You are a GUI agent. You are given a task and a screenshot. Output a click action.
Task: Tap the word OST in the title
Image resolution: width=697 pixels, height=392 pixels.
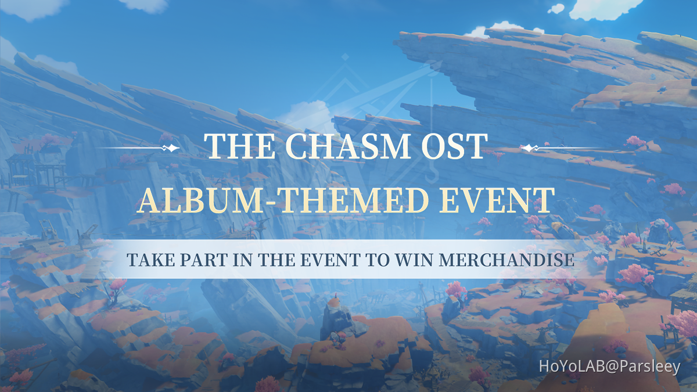coord(455,147)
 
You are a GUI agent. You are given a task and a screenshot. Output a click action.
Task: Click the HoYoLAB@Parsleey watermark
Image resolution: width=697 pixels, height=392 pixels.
coord(609,367)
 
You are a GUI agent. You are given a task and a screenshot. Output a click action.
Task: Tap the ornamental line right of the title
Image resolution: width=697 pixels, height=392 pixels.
coord(561,148)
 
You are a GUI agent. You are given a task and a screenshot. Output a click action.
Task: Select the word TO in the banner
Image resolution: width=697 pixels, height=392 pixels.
coord(376,260)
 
